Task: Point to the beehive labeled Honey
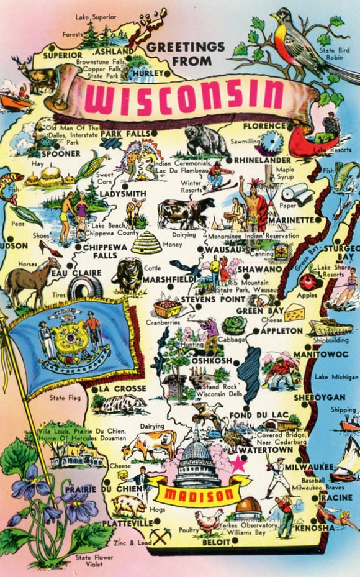146,241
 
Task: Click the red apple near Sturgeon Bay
307,282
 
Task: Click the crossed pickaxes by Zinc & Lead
160,535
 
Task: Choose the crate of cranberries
168,309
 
